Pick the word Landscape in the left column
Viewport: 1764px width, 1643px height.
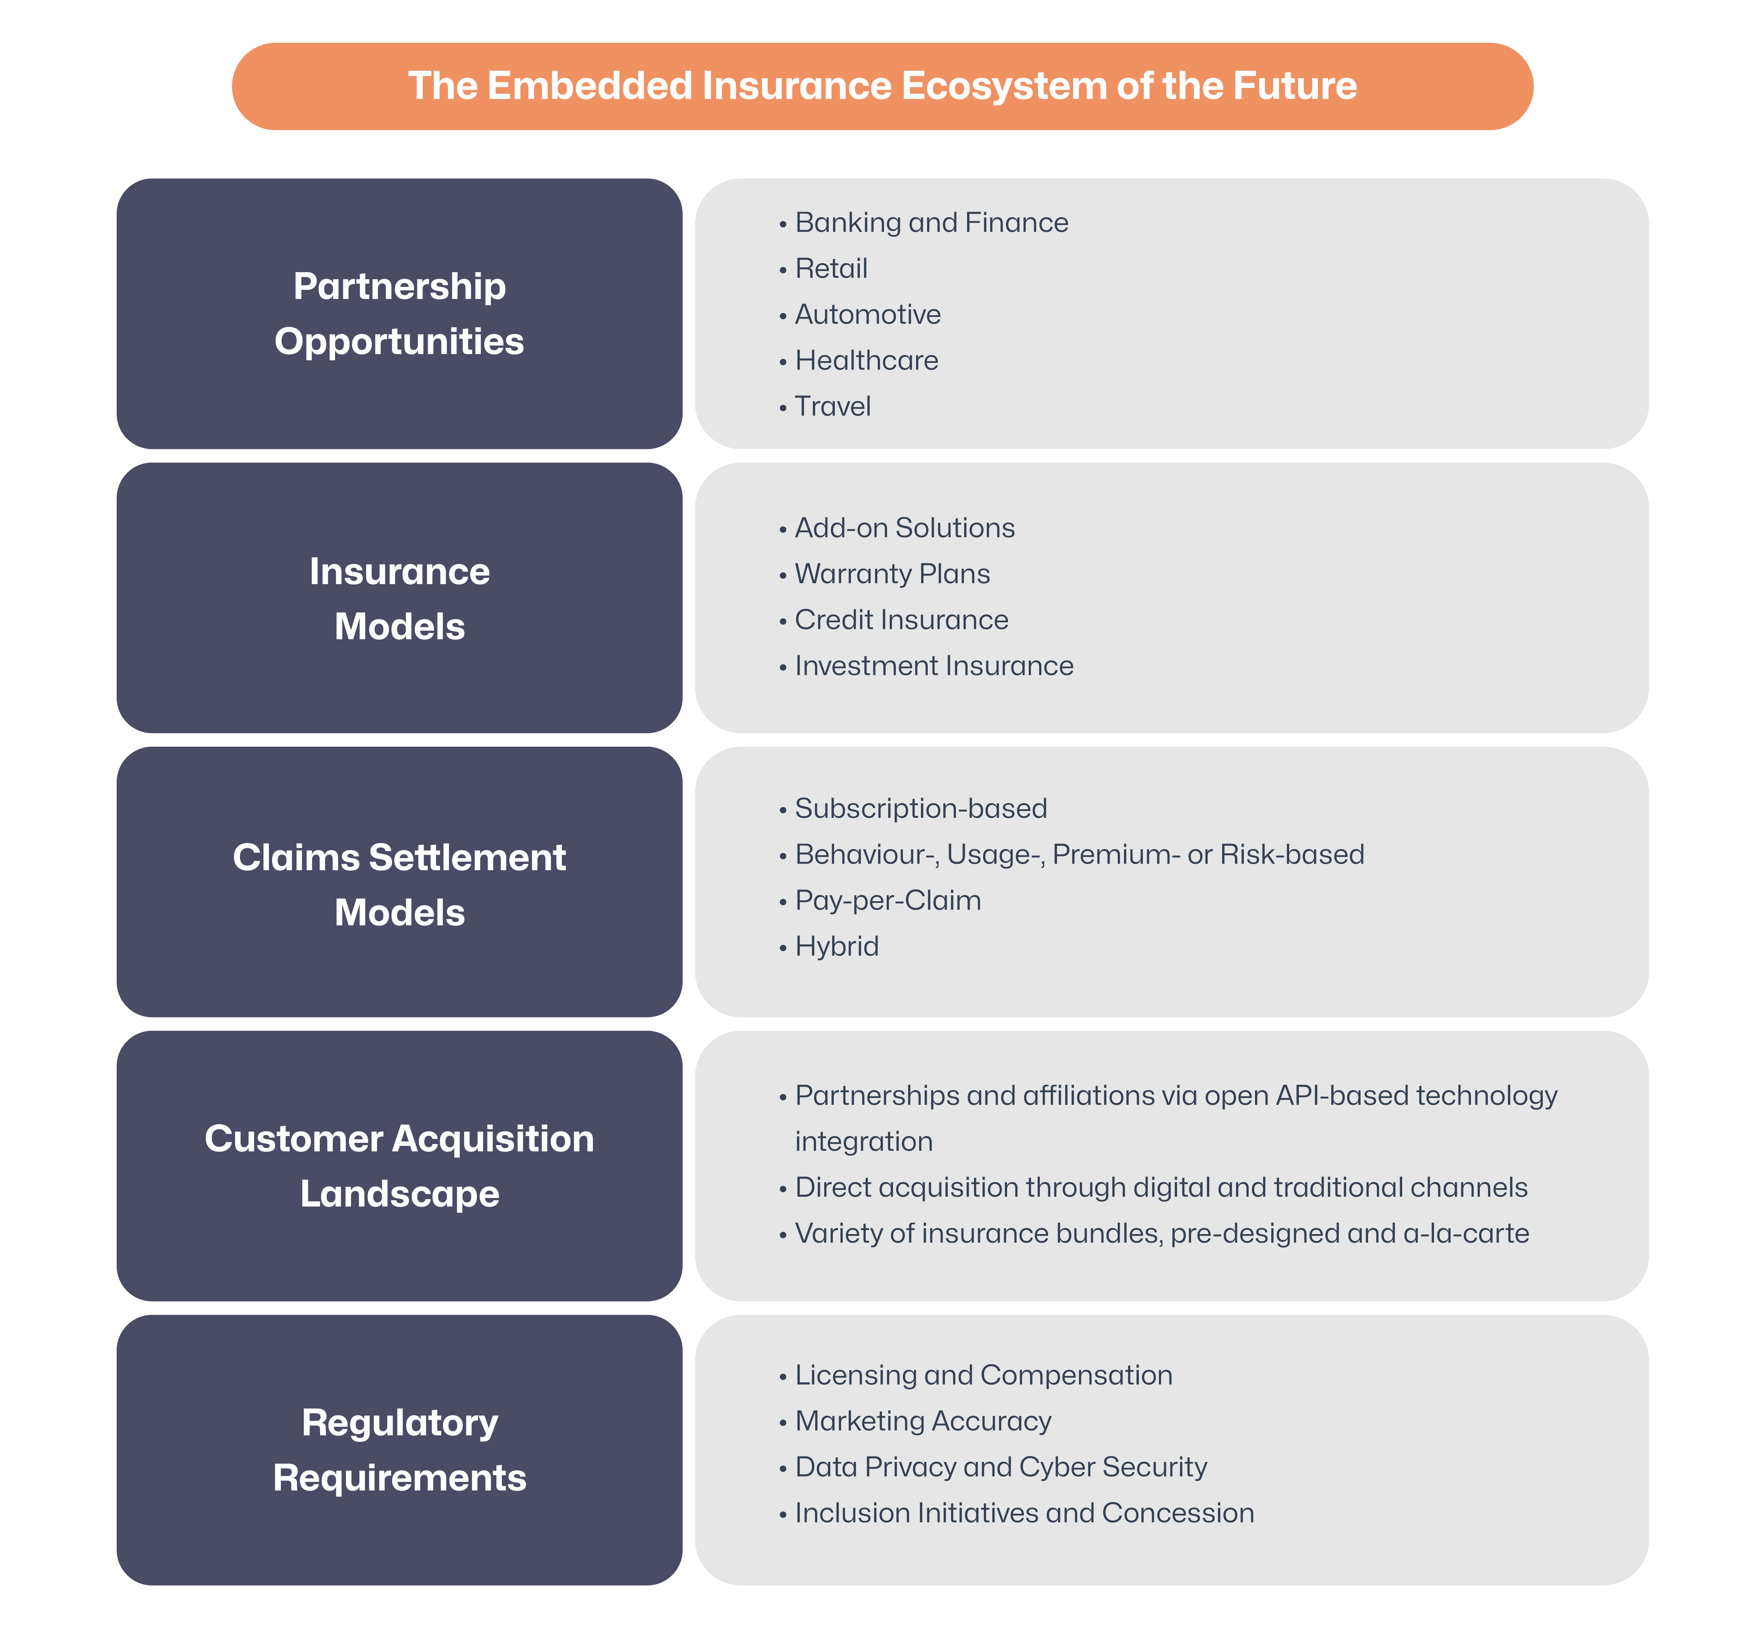(x=399, y=1194)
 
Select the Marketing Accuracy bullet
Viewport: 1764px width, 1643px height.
(x=923, y=1421)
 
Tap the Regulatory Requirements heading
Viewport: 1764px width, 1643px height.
(x=399, y=1450)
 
